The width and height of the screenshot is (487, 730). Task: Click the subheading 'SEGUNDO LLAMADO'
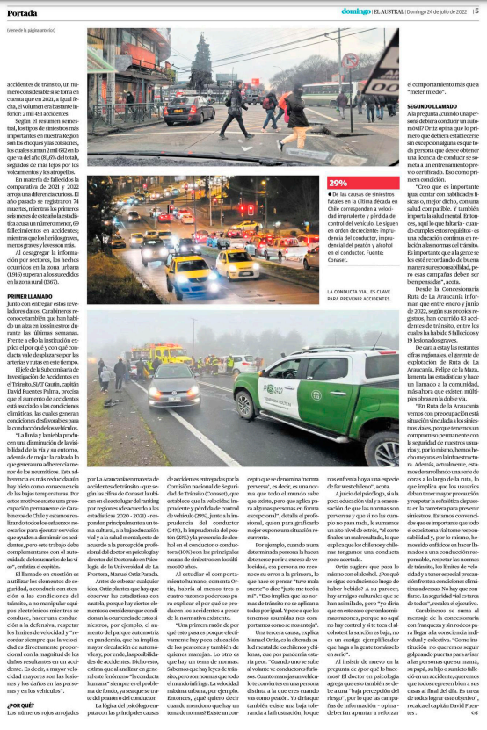tap(430, 106)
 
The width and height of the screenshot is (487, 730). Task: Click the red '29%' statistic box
tap(338, 183)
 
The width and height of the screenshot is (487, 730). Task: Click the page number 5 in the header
tap(476, 11)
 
